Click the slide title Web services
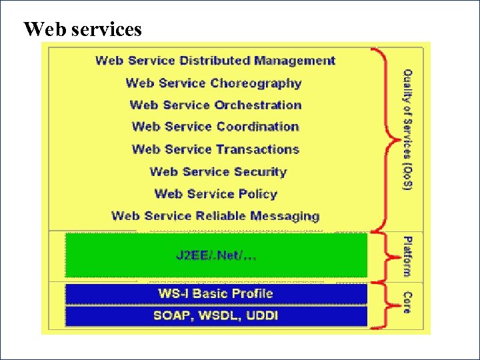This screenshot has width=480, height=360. [x=83, y=30]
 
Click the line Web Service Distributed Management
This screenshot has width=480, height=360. [x=215, y=61]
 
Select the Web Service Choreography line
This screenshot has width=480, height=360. [x=213, y=83]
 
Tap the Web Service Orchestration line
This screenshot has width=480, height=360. [x=215, y=105]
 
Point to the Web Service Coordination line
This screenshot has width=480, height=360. [x=215, y=127]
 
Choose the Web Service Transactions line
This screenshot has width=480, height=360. [x=215, y=149]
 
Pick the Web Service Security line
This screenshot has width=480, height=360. [x=218, y=172]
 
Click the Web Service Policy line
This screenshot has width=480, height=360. [x=215, y=194]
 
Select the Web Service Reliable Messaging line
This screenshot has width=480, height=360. [x=215, y=216]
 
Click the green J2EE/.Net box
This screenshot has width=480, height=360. [x=216, y=255]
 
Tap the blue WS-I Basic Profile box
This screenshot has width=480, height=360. [x=216, y=293]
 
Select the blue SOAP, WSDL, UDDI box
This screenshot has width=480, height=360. [x=216, y=315]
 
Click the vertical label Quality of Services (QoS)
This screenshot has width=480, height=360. [x=407, y=130]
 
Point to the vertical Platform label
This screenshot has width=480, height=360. [x=407, y=255]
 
